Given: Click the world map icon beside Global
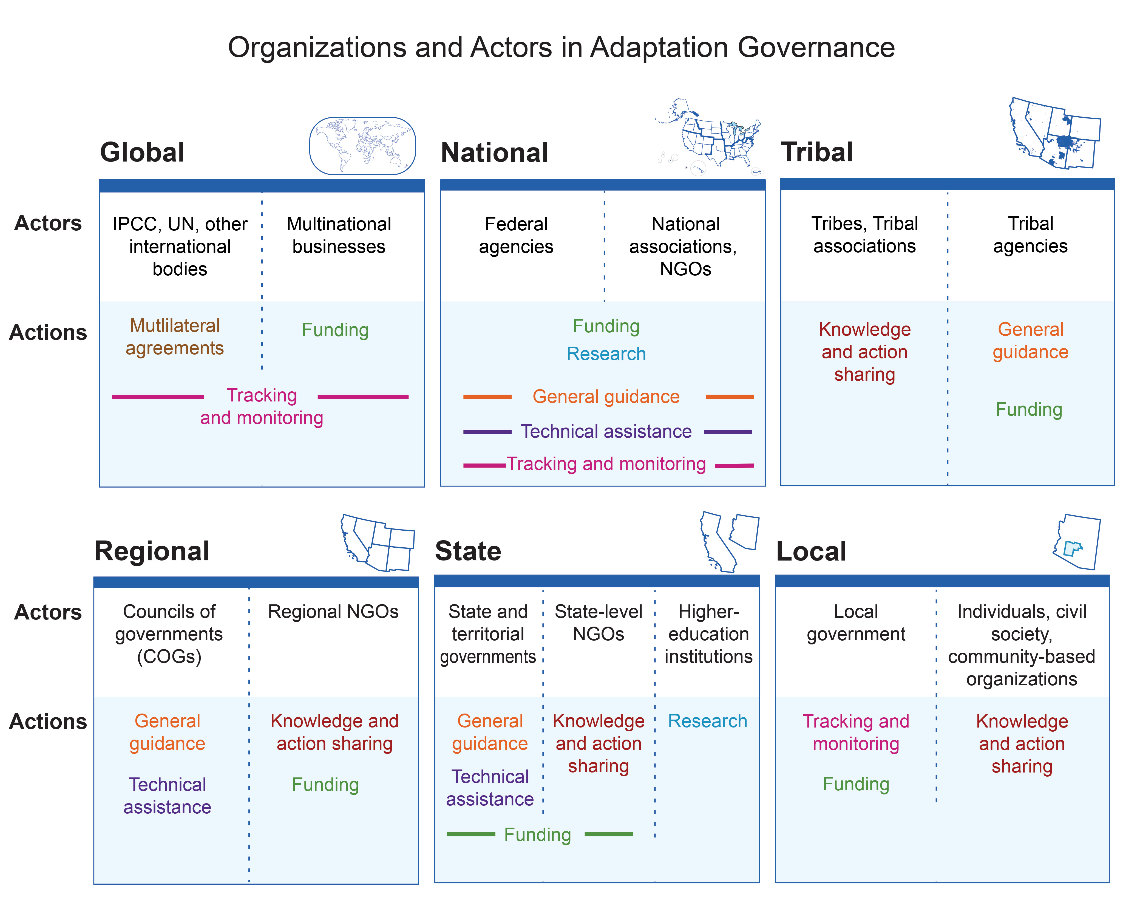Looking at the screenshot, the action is (x=362, y=146).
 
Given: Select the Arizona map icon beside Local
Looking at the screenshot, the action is (x=1077, y=542).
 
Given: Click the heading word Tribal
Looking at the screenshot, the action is (x=817, y=152).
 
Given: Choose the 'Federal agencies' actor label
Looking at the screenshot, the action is (x=516, y=236).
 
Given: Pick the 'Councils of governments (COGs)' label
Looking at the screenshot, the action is (x=169, y=634).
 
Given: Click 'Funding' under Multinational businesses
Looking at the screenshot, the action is (x=335, y=330).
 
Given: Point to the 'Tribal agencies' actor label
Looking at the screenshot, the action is (x=1030, y=235).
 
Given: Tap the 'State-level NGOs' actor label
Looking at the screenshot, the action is (x=599, y=623).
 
